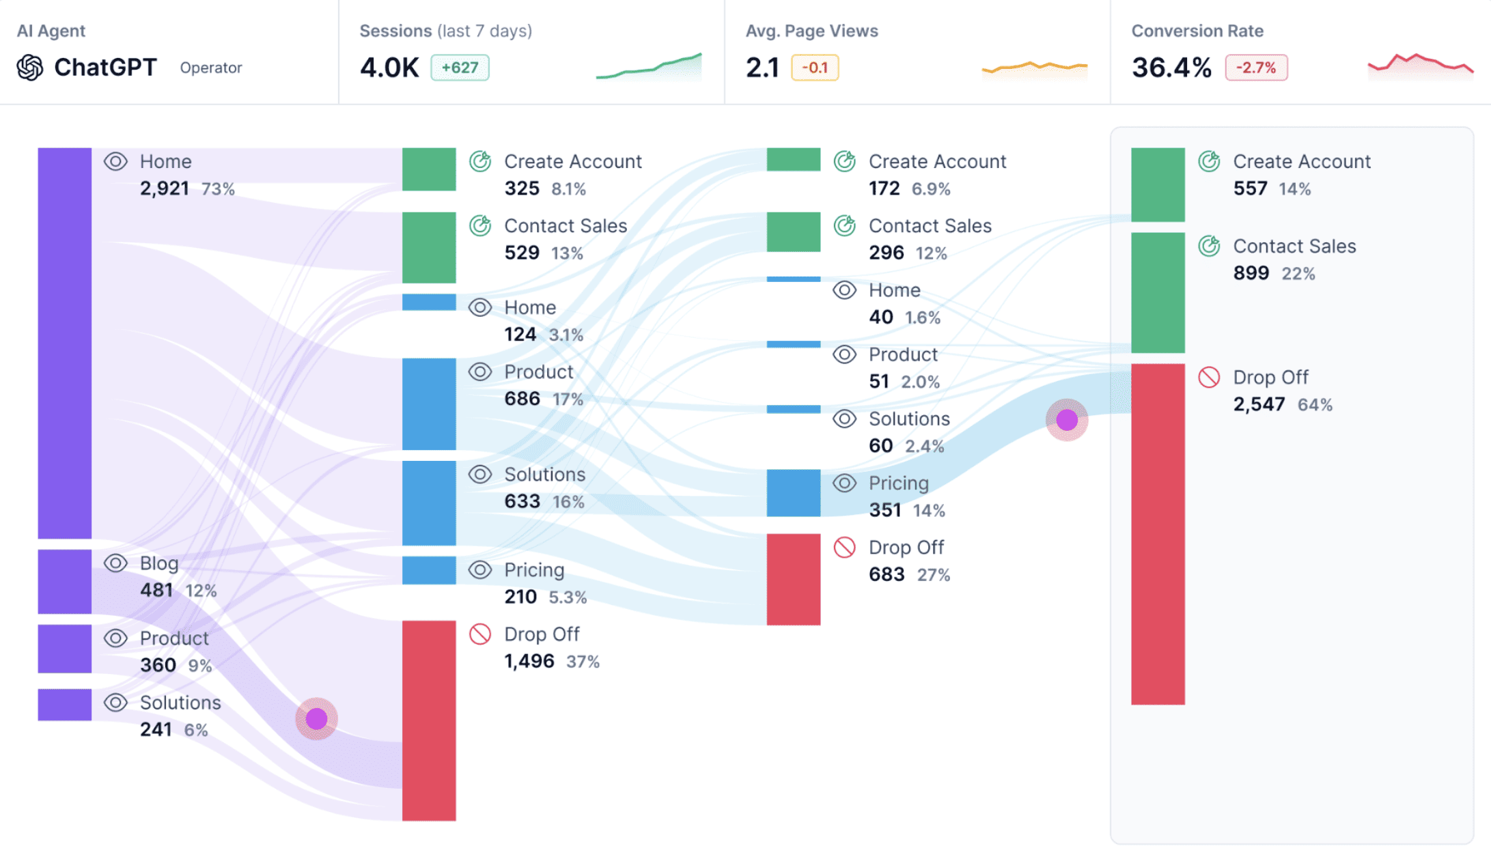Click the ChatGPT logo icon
coord(30,68)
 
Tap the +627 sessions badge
coord(460,68)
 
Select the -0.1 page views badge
coord(815,68)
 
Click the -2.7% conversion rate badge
coord(1255,68)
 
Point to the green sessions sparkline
coord(649,67)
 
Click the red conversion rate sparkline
coord(1420,65)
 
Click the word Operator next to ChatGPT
coord(211,68)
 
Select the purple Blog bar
coord(65,581)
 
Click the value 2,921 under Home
coord(164,188)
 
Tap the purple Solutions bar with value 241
coord(65,704)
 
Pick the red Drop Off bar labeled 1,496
coord(429,720)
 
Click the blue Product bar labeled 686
coord(429,404)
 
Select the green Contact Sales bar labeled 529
coord(429,247)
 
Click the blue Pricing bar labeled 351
coord(793,492)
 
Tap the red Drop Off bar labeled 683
coord(793,579)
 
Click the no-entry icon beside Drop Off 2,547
coord(1209,377)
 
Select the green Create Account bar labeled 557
coord(1158,184)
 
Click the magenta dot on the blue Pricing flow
coord(1066,419)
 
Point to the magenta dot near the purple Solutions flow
coord(316,718)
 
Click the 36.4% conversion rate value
coord(1171,68)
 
